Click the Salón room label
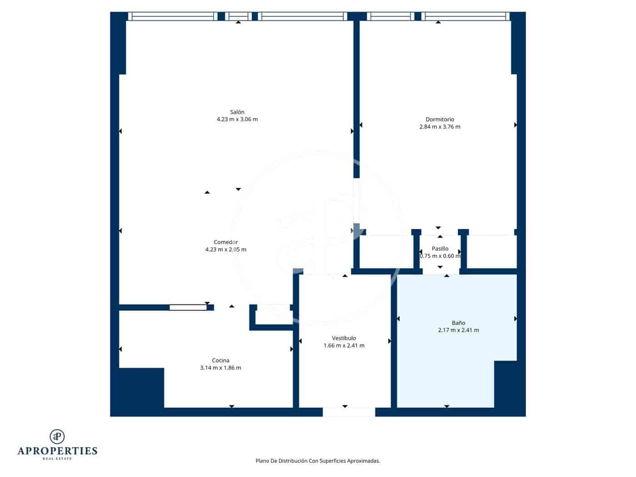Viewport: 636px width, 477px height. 237,112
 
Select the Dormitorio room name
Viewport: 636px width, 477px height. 439,119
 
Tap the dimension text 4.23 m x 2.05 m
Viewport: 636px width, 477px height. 226,249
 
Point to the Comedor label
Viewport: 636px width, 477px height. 226,242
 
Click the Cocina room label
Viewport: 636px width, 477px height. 220,361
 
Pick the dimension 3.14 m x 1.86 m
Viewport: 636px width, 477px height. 220,368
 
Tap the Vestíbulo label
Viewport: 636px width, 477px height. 344,338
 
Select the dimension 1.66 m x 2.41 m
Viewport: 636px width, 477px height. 344,346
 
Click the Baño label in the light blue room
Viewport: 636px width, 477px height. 458,323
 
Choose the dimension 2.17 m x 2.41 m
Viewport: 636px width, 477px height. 458,330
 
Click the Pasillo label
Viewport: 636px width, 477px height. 440,249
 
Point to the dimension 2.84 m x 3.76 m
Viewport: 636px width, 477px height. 439,127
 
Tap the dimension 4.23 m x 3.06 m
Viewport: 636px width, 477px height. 237,119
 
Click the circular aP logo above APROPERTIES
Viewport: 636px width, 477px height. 57,437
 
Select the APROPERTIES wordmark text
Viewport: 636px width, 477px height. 57,451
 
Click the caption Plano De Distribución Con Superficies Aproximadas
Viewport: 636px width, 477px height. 318,461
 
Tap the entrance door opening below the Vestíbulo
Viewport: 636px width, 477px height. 348,412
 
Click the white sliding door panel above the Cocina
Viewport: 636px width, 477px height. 188,308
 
